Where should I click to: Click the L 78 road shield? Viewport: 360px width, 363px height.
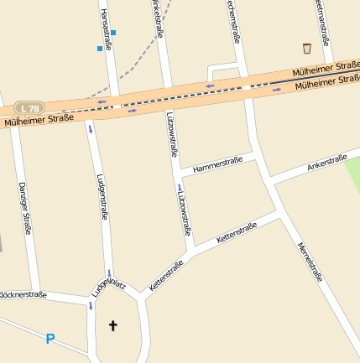pyautogui.click(x=29, y=108)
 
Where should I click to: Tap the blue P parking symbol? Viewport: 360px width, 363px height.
pyautogui.click(x=50, y=339)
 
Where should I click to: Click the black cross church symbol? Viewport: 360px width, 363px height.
pyautogui.click(x=112, y=324)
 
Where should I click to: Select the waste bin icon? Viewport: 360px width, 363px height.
pyautogui.click(x=306, y=49)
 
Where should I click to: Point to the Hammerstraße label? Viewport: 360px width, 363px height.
pyautogui.click(x=216, y=166)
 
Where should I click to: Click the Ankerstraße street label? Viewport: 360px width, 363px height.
pyautogui.click(x=326, y=163)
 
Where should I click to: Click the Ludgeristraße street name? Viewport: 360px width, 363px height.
pyautogui.click(x=102, y=196)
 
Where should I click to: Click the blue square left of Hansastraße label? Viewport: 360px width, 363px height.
pyautogui.click(x=100, y=49)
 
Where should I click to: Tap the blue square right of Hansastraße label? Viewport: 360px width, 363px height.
pyautogui.click(x=114, y=33)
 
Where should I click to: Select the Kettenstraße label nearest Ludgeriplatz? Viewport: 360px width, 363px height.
pyautogui.click(x=165, y=277)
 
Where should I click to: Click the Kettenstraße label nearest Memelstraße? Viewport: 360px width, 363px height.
pyautogui.click(x=236, y=233)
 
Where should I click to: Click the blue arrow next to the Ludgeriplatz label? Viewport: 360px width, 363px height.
pyautogui.click(x=109, y=273)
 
